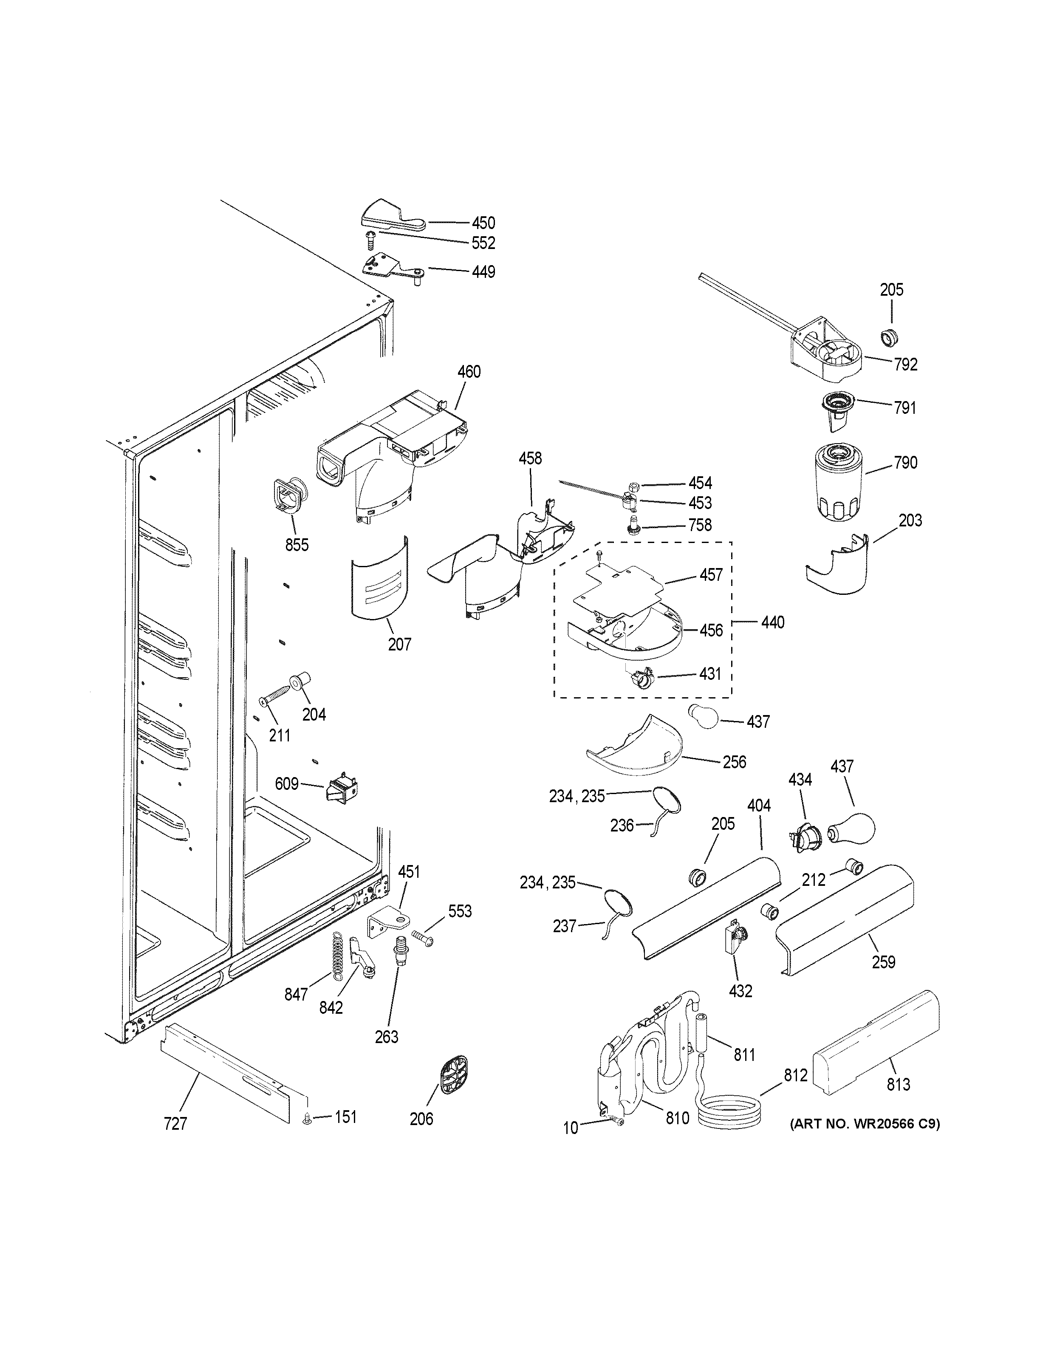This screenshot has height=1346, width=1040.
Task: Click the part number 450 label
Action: pyautogui.click(x=483, y=223)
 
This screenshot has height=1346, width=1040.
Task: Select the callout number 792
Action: pyautogui.click(x=906, y=365)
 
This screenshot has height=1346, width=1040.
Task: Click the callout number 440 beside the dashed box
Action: pyautogui.click(x=772, y=622)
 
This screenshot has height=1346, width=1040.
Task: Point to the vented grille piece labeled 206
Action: pyautogui.click(x=454, y=1076)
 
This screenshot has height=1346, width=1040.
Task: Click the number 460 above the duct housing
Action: pyautogui.click(x=469, y=372)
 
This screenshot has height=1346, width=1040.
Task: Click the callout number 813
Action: pyautogui.click(x=898, y=1084)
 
